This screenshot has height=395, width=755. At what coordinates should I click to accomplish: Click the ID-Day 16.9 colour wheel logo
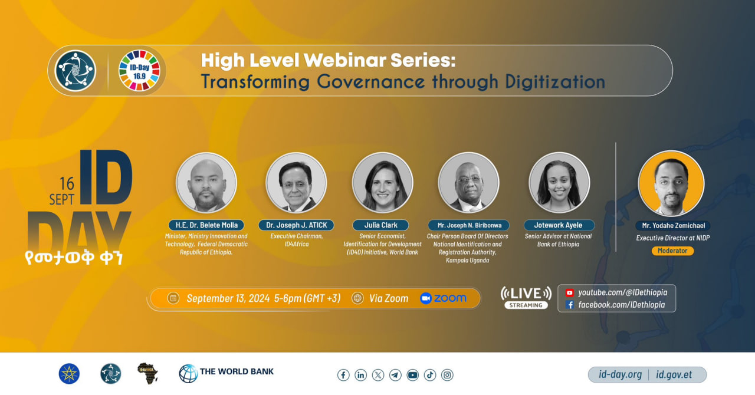point(139,71)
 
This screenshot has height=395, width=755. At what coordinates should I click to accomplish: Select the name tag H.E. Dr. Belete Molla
point(206,225)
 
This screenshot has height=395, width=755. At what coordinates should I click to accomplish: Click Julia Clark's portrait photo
point(383,183)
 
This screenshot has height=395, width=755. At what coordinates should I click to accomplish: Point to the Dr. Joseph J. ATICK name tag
point(296,225)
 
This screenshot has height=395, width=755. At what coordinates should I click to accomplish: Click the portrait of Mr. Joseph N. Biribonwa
point(468,183)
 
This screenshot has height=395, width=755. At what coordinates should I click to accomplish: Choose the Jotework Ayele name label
point(559,225)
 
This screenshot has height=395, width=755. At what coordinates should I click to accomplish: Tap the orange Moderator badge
point(672,251)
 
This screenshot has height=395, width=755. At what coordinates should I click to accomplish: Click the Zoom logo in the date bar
point(443,298)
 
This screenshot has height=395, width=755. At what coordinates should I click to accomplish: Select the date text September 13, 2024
point(228,298)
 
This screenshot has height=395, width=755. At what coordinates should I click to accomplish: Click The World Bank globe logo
point(188,374)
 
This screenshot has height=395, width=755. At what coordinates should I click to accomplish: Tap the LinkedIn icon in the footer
point(360,375)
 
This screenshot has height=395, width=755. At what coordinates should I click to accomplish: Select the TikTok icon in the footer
point(430,375)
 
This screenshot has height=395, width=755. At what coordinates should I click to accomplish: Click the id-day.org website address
point(620,375)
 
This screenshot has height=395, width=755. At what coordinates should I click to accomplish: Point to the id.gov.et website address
point(674,375)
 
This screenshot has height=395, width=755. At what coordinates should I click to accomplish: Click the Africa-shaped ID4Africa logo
point(147,373)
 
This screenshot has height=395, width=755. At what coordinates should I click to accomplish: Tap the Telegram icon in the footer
point(395,375)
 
